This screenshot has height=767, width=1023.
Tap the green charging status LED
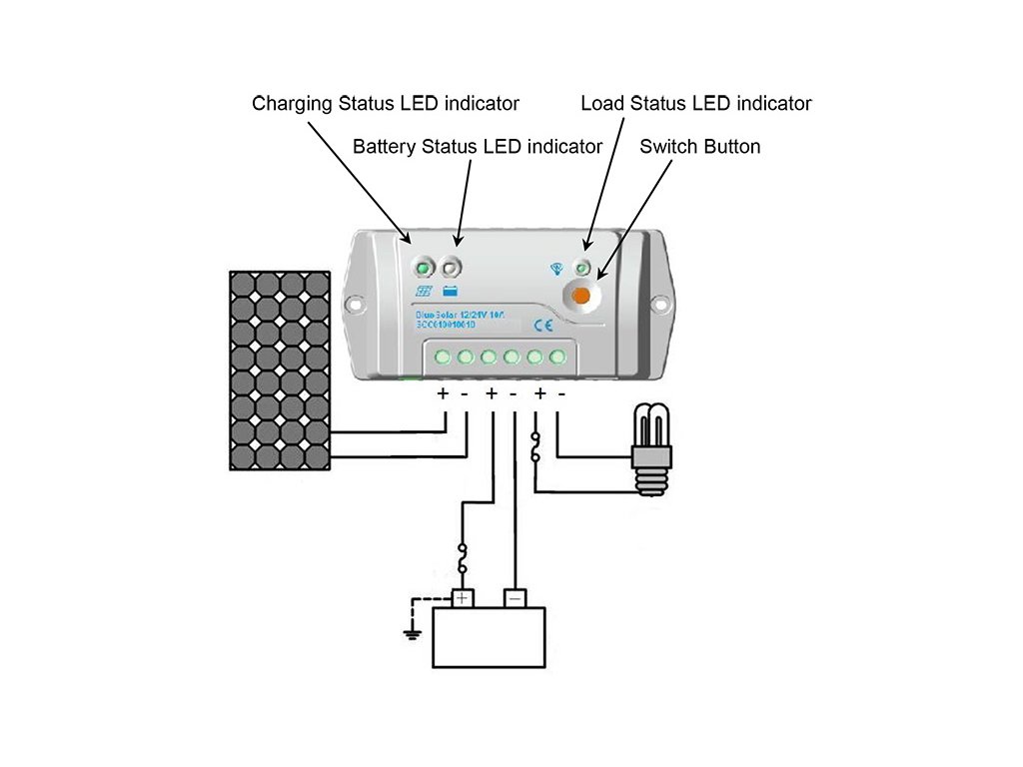tap(425, 269)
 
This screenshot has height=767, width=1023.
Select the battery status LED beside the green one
tap(452, 268)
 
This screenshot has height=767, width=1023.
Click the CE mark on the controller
tap(544, 324)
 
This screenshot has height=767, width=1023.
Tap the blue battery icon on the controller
tap(451, 292)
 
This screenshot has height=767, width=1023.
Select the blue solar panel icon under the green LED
tap(425, 292)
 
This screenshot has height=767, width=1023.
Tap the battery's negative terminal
tap(513, 598)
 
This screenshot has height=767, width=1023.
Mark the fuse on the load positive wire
tap(537, 445)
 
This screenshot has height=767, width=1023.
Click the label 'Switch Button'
tap(699, 147)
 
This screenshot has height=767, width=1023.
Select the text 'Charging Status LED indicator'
tap(386, 103)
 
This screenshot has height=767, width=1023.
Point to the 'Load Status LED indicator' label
tap(695, 103)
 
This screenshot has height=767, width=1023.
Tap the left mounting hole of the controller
tap(352, 300)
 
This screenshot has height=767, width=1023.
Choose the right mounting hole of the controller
tap(658, 303)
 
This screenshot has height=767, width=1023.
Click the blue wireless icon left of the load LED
tap(557, 268)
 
